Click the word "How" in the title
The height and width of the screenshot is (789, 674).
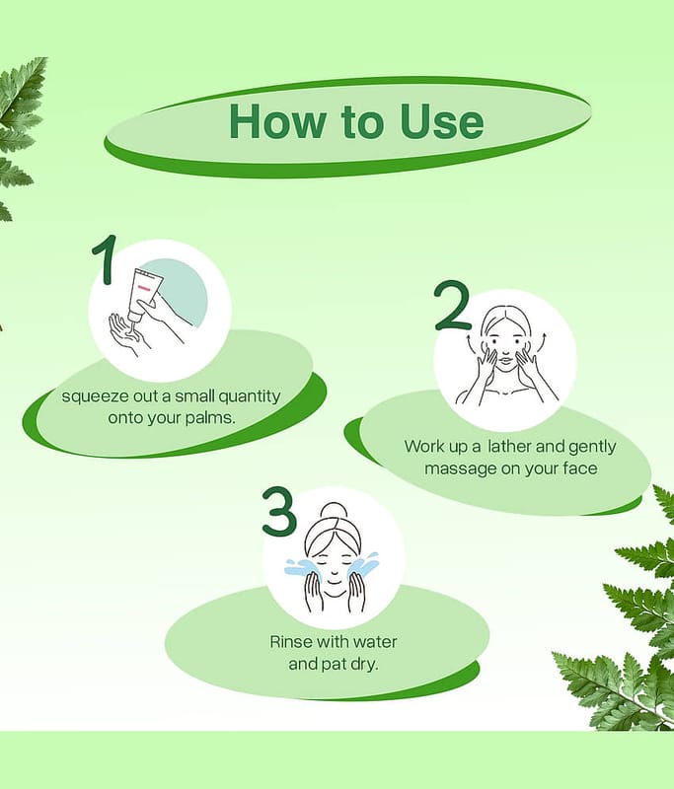click(277, 121)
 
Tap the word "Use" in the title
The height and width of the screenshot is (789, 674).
click(442, 121)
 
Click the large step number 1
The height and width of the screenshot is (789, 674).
click(105, 259)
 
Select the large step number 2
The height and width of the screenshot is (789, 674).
click(452, 306)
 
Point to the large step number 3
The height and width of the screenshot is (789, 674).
click(279, 510)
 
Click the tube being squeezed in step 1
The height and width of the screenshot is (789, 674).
click(142, 295)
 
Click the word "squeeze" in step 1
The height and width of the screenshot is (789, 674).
click(95, 397)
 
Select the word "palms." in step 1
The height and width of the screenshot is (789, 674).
click(210, 418)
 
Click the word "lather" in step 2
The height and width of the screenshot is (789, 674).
click(509, 447)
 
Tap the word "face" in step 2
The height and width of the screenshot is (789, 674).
click(580, 468)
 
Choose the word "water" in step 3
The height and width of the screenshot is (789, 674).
click(375, 642)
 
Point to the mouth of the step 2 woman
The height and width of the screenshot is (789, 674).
click(505, 360)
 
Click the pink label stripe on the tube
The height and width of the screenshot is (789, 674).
click(144, 288)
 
